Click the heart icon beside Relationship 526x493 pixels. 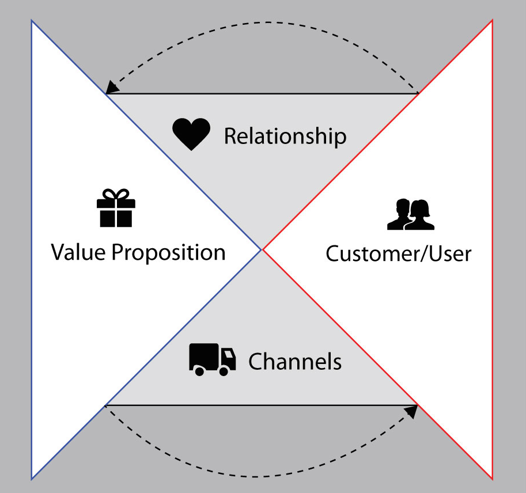pos(191,134)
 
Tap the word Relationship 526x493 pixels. pos(285,136)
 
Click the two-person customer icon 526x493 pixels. pos(410,214)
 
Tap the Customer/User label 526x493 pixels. pos(398,253)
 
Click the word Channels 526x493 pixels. pos(294,362)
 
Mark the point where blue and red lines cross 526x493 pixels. pos(262,249)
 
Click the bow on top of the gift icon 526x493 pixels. pos(116,195)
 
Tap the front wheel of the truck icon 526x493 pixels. pos(225,371)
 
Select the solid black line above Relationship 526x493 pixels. pos(262,93)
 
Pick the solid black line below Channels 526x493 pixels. pos(262,405)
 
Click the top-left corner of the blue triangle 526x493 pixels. pos(32,21)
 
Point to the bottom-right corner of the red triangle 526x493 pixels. pos(493,478)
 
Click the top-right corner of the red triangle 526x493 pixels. pos(493,21)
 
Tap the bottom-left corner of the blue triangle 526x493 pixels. pos(32,478)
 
